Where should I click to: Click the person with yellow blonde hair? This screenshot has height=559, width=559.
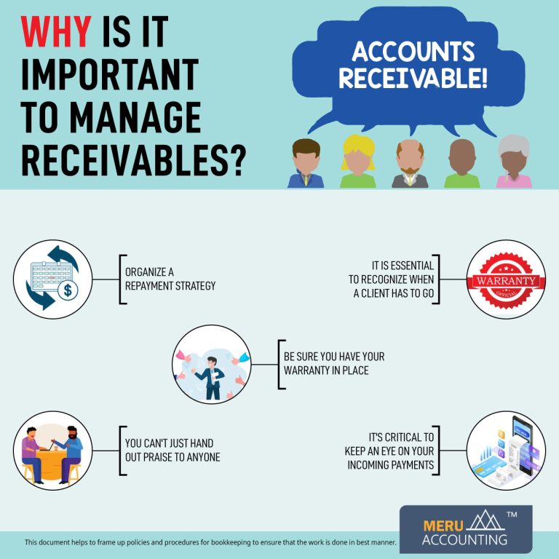tap(358, 162)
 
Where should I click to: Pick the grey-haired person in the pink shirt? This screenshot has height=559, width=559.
tap(514, 162)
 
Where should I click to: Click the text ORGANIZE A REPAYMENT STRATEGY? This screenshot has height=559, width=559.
tap(170, 279)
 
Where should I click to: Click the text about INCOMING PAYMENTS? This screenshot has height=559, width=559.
tap(389, 450)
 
